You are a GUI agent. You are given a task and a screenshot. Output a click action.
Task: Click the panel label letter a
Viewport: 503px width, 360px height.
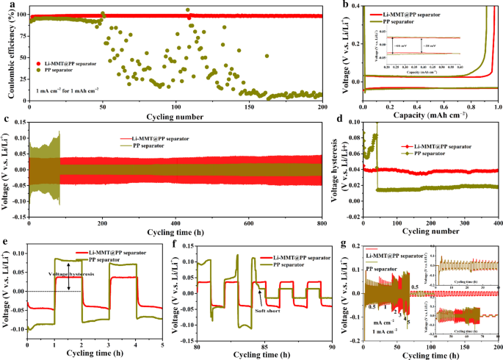click(7, 5)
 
